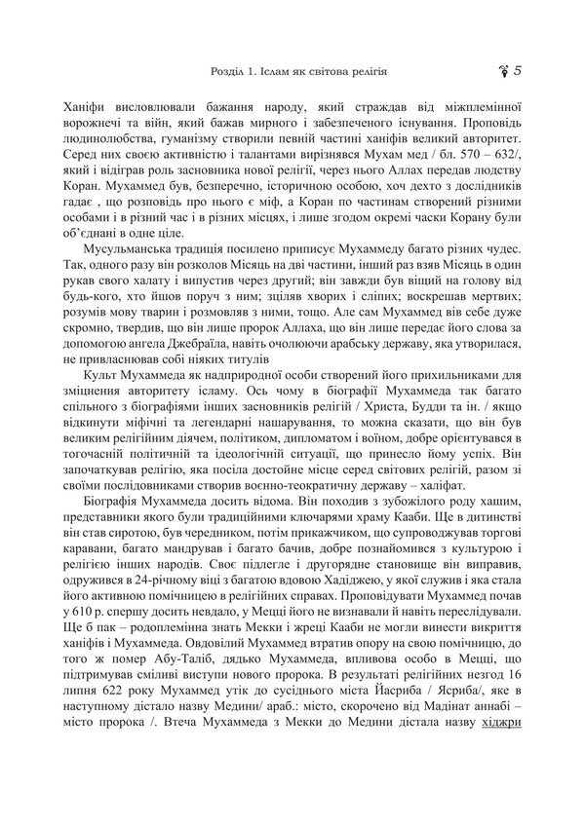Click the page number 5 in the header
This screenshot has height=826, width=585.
(518, 70)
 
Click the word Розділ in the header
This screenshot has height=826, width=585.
(230, 72)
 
